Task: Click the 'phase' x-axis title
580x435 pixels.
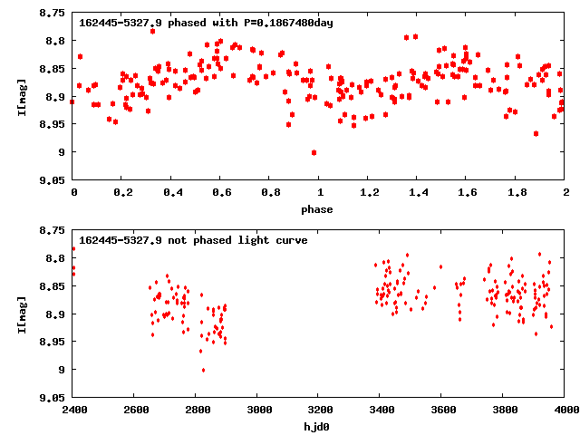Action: point(317,209)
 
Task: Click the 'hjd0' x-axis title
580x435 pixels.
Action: point(317,425)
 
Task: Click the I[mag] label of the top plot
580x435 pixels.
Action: point(22,97)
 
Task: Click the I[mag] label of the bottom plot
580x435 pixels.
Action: point(22,313)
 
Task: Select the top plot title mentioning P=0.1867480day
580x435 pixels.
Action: point(206,23)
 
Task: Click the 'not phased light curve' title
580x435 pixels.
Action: point(193,240)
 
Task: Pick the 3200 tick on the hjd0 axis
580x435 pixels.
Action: point(319,409)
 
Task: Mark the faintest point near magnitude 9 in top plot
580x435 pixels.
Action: point(314,152)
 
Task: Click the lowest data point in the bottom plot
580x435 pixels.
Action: point(203,370)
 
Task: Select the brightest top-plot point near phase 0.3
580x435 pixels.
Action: point(152,31)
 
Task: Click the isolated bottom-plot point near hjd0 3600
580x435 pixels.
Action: point(440,266)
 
